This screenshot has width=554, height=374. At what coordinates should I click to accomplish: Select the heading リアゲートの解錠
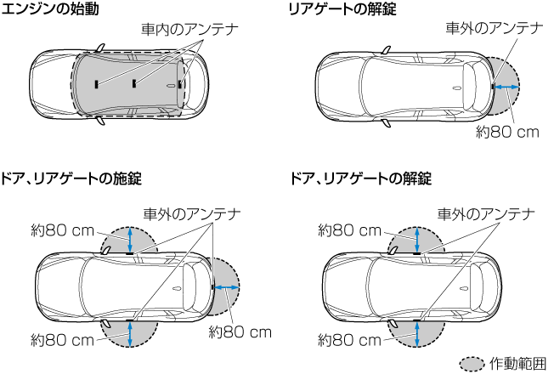pos(342,9)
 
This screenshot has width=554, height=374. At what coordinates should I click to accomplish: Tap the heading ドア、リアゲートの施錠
pos(72,178)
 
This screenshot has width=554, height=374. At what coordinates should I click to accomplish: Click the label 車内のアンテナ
pos(189,28)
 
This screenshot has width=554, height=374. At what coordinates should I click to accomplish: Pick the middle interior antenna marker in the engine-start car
pos(134,83)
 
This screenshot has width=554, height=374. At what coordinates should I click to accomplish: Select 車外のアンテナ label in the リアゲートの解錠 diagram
pos(494,28)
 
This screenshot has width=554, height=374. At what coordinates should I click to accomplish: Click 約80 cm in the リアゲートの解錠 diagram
pos(507,133)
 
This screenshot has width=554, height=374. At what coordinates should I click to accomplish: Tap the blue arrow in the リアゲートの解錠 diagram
pos(507,87)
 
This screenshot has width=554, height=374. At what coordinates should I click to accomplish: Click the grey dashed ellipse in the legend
pos(472,363)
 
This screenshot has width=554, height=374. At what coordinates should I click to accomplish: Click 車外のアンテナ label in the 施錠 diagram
pos(191,213)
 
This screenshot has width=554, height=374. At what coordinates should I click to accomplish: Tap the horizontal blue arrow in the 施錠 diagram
pos(225,288)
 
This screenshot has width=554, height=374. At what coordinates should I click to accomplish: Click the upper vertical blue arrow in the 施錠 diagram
pos(129,239)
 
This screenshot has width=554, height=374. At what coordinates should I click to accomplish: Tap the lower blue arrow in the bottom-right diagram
pos(416,332)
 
